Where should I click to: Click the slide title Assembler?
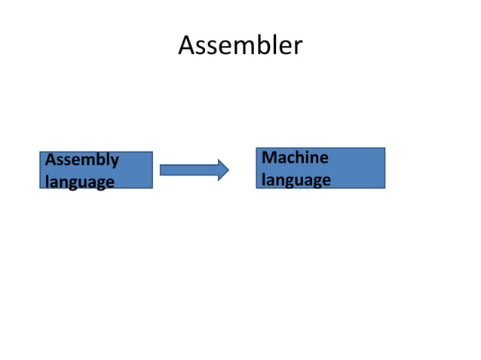[240, 47]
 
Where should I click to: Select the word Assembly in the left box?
[82, 160]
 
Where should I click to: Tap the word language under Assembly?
[80, 182]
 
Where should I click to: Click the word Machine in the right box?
[295, 157]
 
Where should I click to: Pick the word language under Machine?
[296, 180]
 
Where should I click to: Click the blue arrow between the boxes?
[194, 170]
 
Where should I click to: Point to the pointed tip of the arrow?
[228, 170]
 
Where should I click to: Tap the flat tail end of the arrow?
[161, 170]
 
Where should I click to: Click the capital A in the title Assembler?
[187, 47]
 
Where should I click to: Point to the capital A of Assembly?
[51, 160]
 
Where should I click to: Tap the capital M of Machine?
[268, 157]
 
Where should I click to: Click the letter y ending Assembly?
[114, 161]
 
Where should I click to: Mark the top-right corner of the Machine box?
[384, 148]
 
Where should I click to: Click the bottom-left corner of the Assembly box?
[41, 188]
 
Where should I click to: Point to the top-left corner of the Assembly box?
[41, 152]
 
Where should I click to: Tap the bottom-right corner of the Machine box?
[384, 188]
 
